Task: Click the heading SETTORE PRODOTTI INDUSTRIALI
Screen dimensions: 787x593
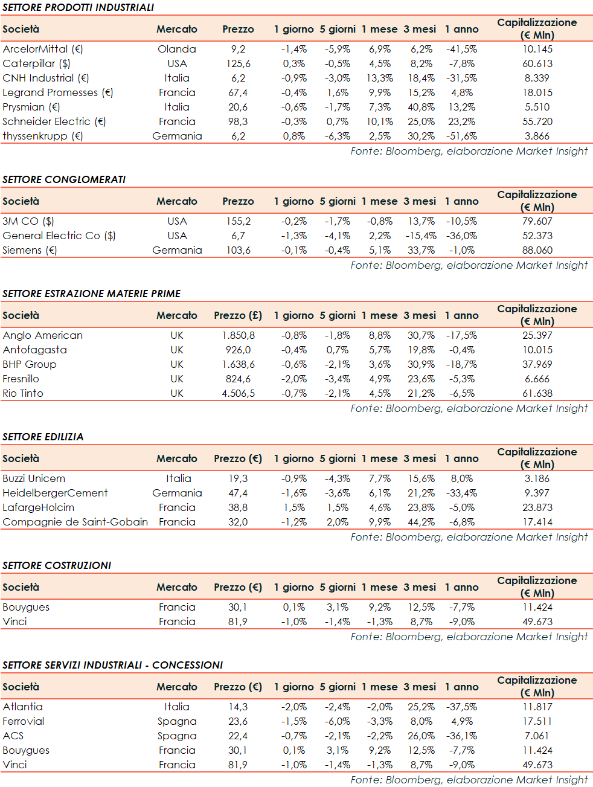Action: [x=78, y=7]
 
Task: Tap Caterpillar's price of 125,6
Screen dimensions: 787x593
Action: [x=238, y=63]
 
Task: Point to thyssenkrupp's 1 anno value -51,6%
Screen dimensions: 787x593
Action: [x=461, y=136]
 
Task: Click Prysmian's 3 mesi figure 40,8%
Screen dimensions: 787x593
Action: [x=421, y=107]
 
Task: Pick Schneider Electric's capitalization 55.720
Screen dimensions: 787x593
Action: [x=537, y=121]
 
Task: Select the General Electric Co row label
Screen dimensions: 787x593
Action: [x=59, y=236]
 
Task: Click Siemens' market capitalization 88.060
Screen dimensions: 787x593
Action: [x=537, y=250]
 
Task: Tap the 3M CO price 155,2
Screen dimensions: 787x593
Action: [x=238, y=221]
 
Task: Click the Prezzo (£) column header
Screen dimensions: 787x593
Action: [x=238, y=315]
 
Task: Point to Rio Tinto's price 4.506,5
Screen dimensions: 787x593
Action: [x=238, y=393]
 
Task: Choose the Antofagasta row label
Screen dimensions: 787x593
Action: [x=34, y=350]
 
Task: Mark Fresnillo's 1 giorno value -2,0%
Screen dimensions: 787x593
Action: [x=293, y=379]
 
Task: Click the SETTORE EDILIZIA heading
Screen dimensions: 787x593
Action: [x=43, y=437]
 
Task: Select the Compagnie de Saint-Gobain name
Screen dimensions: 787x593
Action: [x=75, y=522]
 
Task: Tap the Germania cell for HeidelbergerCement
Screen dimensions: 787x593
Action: [x=177, y=493]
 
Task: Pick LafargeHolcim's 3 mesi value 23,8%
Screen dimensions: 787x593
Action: [x=421, y=507]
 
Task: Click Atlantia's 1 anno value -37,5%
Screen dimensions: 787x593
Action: [x=461, y=707]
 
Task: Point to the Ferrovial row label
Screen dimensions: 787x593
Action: [x=24, y=721]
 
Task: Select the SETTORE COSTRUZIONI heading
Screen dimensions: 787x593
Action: [x=57, y=565]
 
